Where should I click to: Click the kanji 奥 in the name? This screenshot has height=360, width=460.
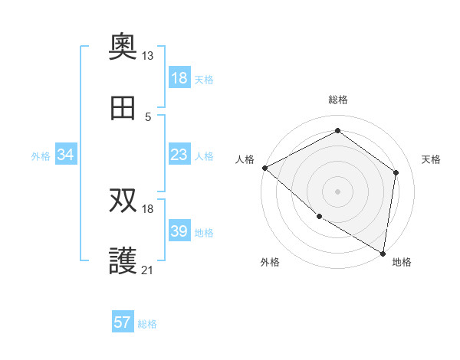point(123,47)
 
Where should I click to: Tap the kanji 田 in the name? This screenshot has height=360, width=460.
point(123,109)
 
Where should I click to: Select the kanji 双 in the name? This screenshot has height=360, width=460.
point(123,201)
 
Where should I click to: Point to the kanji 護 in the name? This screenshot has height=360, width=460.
point(123,263)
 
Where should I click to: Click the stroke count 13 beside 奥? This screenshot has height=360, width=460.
point(147,56)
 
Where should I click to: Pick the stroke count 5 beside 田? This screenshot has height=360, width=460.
point(147,117)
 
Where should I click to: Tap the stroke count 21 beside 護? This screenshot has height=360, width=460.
point(147,270)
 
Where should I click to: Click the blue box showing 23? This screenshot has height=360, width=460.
point(179,155)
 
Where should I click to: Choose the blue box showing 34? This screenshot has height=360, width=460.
point(66,155)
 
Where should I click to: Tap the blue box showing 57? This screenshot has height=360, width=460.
point(123,322)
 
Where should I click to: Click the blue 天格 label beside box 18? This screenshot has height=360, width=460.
point(203,79)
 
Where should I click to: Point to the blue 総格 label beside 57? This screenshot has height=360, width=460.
point(147,324)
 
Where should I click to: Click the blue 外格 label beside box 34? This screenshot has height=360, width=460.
point(41,155)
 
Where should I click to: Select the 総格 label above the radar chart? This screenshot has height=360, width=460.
point(338,100)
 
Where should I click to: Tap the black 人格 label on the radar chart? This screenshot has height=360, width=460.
point(245,159)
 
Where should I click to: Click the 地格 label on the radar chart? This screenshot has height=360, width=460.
point(402,262)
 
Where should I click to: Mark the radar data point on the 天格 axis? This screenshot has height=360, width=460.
point(396,172)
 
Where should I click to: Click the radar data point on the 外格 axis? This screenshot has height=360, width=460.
point(319,216)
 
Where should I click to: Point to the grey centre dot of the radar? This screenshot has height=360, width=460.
point(337,191)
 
